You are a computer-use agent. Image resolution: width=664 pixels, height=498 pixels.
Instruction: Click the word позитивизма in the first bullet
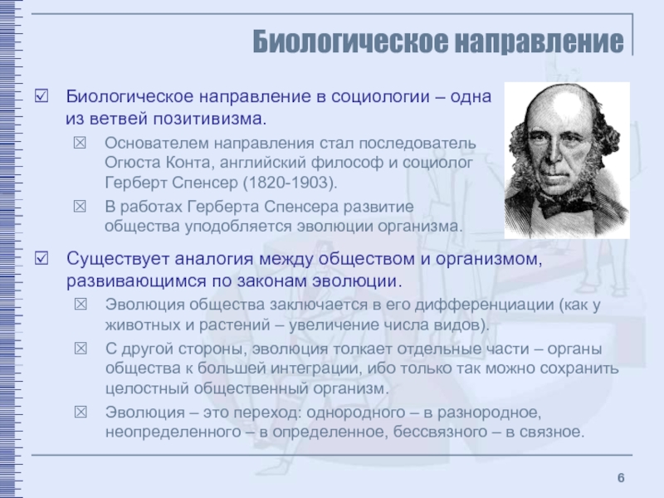(x=210, y=119)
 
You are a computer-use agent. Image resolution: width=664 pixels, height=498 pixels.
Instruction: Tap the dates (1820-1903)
(x=290, y=183)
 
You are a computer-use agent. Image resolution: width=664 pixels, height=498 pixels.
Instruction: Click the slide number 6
(x=621, y=478)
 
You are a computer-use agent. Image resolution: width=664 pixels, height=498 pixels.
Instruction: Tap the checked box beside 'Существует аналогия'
(x=41, y=258)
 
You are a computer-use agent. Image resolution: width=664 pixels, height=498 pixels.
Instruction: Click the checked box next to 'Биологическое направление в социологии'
(x=41, y=95)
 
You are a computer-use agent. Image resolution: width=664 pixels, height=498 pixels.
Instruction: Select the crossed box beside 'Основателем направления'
(x=80, y=143)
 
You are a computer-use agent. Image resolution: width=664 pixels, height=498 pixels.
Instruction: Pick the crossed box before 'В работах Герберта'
(x=80, y=206)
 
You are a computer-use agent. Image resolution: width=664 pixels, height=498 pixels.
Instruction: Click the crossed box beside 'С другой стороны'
(x=81, y=349)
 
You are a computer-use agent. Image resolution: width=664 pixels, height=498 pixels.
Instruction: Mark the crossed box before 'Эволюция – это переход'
(x=81, y=412)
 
